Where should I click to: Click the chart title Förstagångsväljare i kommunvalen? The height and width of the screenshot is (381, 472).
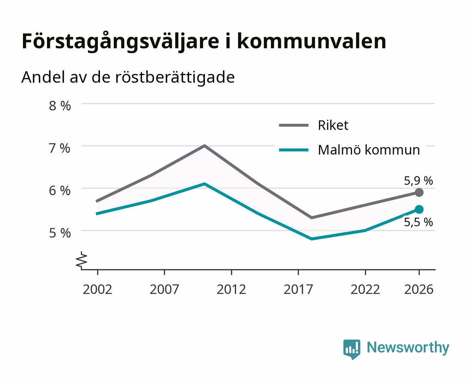click(x=204, y=42)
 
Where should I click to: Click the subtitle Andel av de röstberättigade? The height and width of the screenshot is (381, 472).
click(x=128, y=78)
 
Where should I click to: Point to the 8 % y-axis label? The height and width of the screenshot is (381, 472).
click(x=60, y=106)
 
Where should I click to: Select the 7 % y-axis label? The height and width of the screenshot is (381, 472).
click(x=60, y=148)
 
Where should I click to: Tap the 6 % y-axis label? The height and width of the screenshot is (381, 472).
click(x=60, y=191)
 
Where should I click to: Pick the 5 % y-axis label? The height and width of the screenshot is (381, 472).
click(x=60, y=233)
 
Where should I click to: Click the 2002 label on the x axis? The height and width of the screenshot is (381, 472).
click(x=97, y=289)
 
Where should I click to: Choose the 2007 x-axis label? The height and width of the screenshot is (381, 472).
click(x=164, y=289)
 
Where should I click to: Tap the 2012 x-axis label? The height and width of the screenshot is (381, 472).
click(x=231, y=289)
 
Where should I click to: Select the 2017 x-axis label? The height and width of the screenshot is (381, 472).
click(x=298, y=289)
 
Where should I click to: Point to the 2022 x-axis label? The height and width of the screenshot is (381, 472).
click(x=365, y=289)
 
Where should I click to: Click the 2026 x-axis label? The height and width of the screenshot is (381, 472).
click(x=419, y=289)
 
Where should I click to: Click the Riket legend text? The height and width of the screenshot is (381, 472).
click(x=333, y=125)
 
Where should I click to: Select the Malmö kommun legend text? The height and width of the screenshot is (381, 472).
click(x=369, y=150)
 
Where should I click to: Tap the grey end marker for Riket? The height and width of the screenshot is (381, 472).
click(x=419, y=193)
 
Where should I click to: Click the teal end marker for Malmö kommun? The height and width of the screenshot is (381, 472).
click(x=419, y=209)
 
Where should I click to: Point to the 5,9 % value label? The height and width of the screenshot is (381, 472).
click(x=418, y=181)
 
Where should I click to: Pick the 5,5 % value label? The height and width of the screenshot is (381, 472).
click(x=418, y=222)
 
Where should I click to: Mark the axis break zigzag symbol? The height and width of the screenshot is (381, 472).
click(x=82, y=261)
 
